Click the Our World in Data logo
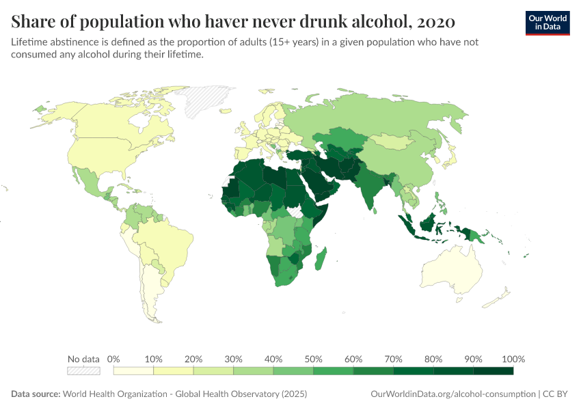click(547, 23)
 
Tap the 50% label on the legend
click(313, 359)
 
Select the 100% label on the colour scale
click(513, 359)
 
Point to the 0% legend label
click(114, 359)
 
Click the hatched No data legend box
click(83, 371)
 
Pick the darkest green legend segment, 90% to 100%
click(493, 371)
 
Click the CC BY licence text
click(557, 394)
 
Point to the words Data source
click(35, 394)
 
